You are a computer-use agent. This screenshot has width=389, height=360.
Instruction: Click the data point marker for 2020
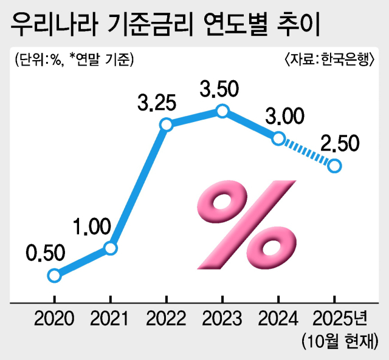pyautogui.click(x=54, y=276)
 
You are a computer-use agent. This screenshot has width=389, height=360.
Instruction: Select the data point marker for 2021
pyautogui.click(x=110, y=248)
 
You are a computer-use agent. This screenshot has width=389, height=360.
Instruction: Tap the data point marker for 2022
pyautogui.click(x=166, y=124)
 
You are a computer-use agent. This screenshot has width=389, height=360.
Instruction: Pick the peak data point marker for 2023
pyautogui.click(x=222, y=110)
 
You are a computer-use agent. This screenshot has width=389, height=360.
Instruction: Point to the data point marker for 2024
pyautogui.click(x=278, y=138)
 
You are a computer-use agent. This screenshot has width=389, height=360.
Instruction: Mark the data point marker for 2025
pyautogui.click(x=334, y=165)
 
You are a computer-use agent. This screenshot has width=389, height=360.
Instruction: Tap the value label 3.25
pyautogui.click(x=157, y=102)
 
